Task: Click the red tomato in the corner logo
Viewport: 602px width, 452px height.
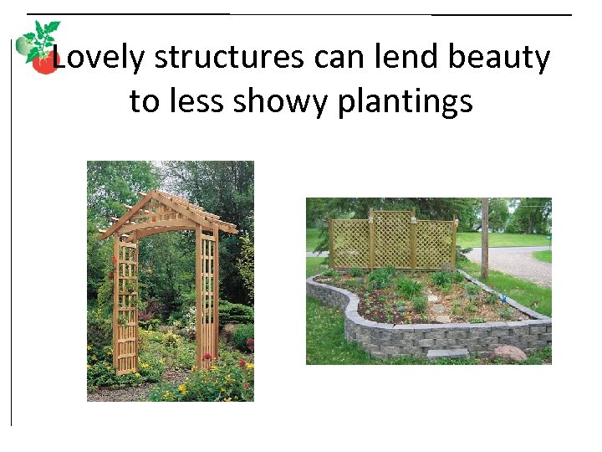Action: pyautogui.click(x=44, y=64)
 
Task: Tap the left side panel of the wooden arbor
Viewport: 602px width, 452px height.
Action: pyautogui.click(x=125, y=306)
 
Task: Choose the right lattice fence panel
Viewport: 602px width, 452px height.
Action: pyautogui.click(x=434, y=243)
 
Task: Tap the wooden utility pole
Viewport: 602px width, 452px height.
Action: pyautogui.click(x=485, y=239)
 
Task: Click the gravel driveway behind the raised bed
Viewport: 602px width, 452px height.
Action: pyautogui.click(x=523, y=266)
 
